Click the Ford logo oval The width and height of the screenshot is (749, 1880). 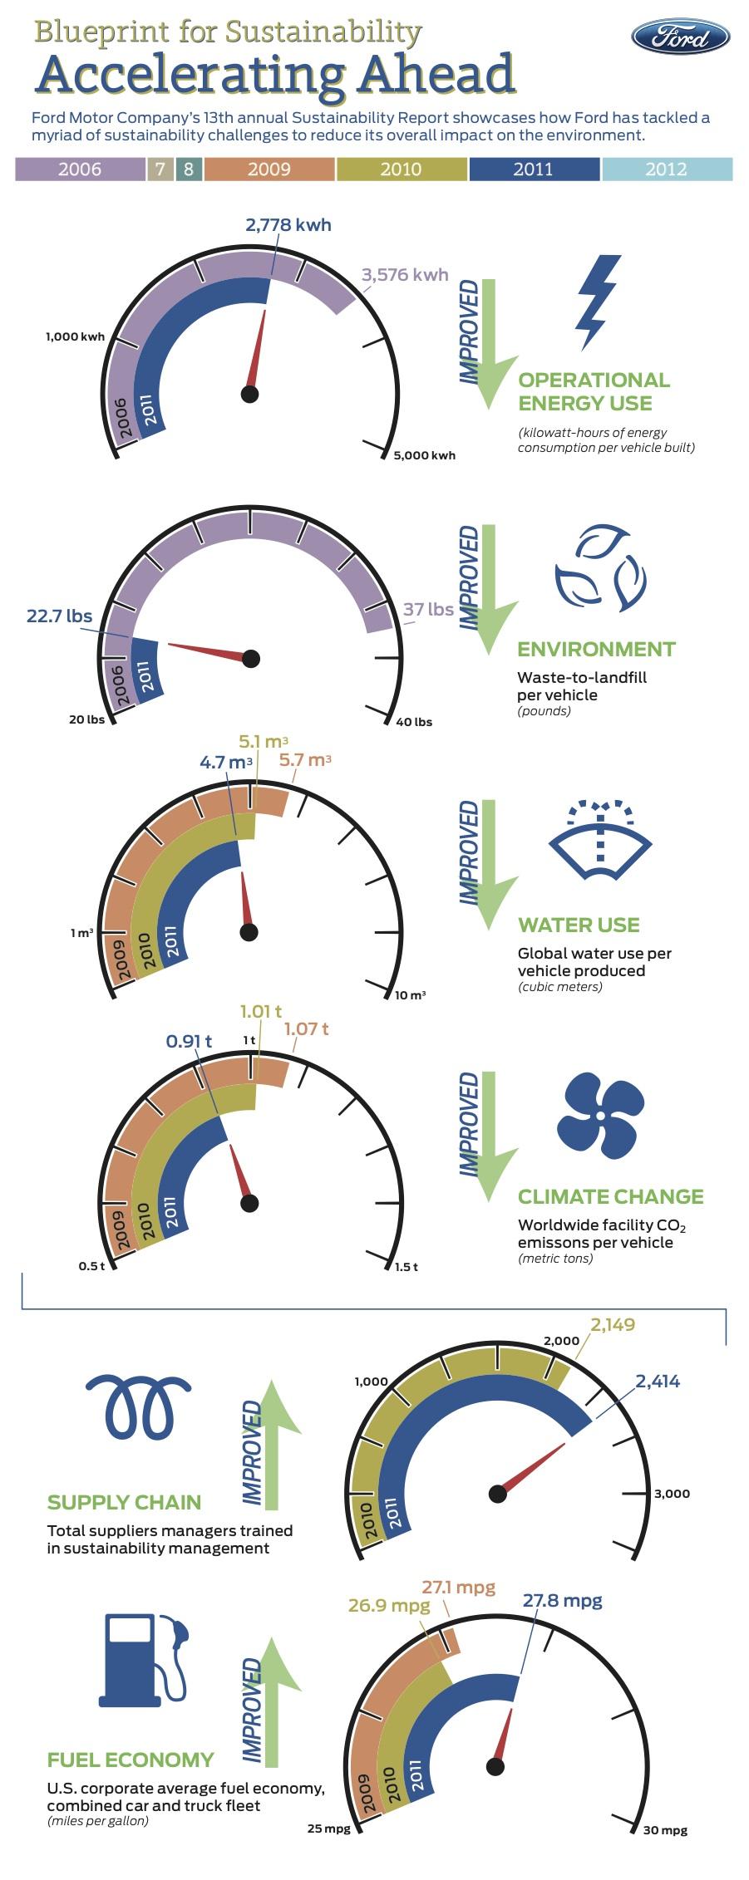[681, 37]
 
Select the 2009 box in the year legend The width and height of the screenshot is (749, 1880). [269, 169]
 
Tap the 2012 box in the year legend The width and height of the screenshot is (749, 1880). [667, 169]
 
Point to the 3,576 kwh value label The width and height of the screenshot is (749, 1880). [406, 274]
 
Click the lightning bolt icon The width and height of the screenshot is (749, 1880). [599, 302]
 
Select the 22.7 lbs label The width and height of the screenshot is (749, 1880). [59, 616]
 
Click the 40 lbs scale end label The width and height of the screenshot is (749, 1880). [414, 721]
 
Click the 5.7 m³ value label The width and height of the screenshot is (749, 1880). [305, 759]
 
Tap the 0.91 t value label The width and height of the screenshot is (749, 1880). [189, 1041]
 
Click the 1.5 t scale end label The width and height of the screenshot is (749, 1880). [406, 1266]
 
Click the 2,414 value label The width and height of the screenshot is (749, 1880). [658, 1381]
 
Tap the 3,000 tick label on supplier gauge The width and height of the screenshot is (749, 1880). [672, 1493]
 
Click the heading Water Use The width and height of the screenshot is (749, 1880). [579, 925]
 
